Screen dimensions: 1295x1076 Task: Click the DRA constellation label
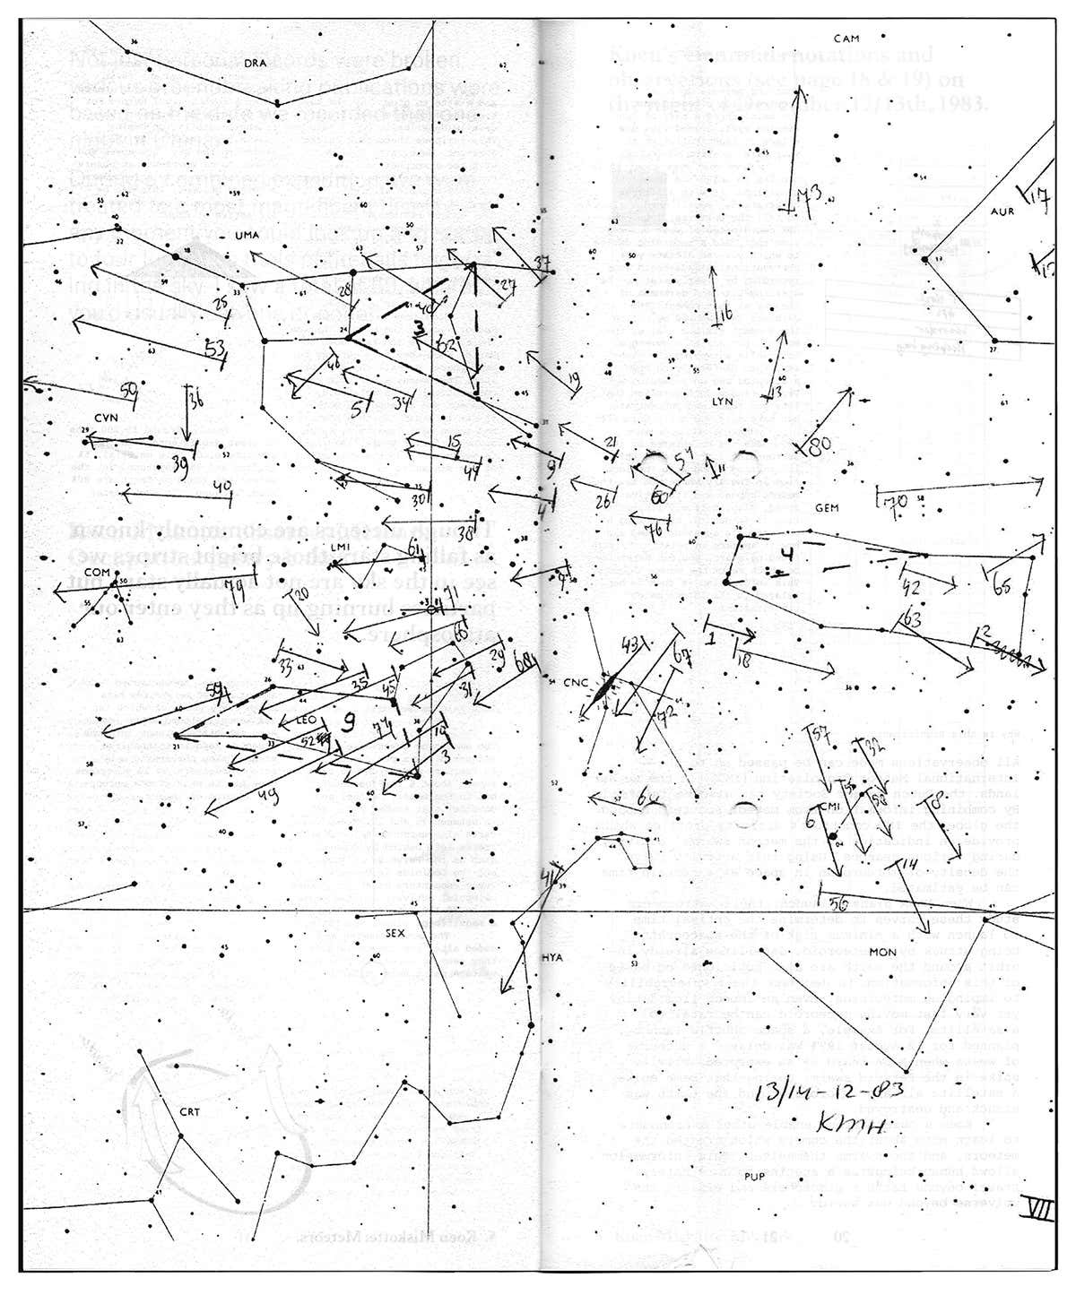[x=256, y=62]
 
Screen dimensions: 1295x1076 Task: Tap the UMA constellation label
[x=246, y=236]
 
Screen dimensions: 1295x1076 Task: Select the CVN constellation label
[x=106, y=419]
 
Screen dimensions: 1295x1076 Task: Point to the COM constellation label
[x=96, y=572]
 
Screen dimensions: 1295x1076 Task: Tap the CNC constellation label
[x=575, y=682]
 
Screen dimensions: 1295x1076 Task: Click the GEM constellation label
[x=826, y=508]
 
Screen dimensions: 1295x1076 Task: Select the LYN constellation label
[x=722, y=401]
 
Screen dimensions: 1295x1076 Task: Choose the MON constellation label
[x=882, y=951]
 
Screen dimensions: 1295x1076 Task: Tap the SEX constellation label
[x=395, y=933]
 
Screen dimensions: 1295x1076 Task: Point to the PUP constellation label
[x=752, y=1197]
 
